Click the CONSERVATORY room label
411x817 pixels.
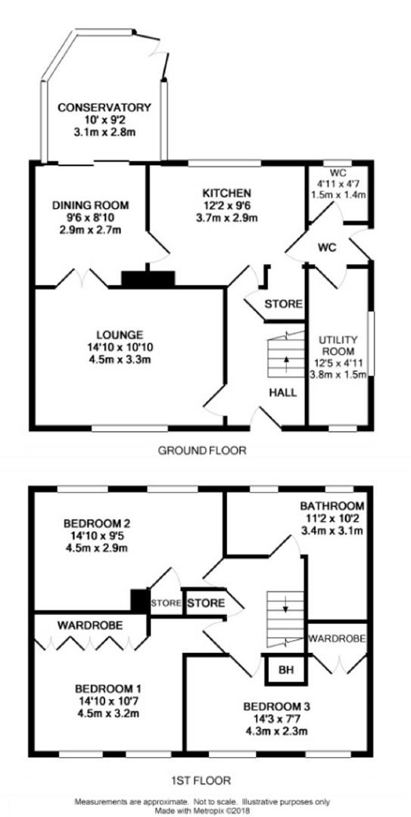[x=104, y=108]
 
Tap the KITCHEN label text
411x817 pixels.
[x=227, y=194]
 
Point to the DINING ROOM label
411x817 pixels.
[x=90, y=205]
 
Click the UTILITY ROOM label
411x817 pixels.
[x=336, y=345]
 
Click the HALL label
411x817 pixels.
[x=283, y=393]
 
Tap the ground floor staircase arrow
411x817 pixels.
[x=286, y=363]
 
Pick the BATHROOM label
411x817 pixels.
[x=332, y=506]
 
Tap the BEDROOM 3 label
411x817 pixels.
[x=277, y=707]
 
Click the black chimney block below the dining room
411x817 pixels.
[x=148, y=279]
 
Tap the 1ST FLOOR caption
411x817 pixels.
[x=201, y=781]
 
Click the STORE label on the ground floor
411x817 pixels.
[x=284, y=304]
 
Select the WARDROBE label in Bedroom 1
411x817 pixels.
[x=90, y=625]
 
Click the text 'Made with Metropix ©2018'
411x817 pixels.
[x=205, y=811]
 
